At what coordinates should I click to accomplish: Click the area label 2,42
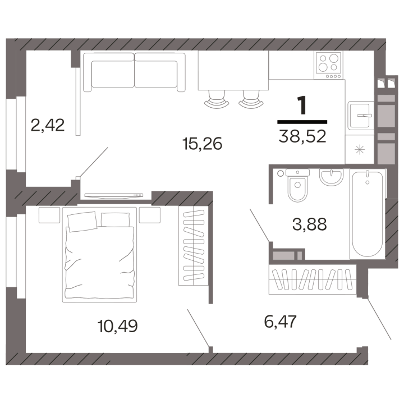tap(47, 125)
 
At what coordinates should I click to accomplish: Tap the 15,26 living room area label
tap(202, 144)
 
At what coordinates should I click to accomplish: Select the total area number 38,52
tap(302, 136)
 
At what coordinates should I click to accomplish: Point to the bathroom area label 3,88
tap(309, 224)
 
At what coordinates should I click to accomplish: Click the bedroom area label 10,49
tap(117, 325)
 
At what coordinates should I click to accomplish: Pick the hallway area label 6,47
tap(281, 322)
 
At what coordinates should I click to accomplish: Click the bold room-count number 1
tap(302, 105)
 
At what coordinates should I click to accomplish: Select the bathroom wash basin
tap(332, 177)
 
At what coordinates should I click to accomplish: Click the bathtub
tap(367, 214)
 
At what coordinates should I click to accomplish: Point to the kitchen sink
tap(360, 116)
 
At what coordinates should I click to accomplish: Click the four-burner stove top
tap(328, 65)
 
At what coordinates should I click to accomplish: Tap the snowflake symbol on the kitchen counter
tap(360, 150)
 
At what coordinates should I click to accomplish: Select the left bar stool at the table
tap(217, 99)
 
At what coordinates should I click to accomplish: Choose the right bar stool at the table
tap(251, 99)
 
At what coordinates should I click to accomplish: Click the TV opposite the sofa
tap(113, 196)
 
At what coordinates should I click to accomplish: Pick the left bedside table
tap(49, 215)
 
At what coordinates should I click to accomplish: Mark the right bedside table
tap(150, 215)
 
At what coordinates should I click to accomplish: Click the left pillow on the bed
tap(82, 221)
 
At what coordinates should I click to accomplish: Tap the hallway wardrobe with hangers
tap(313, 279)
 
